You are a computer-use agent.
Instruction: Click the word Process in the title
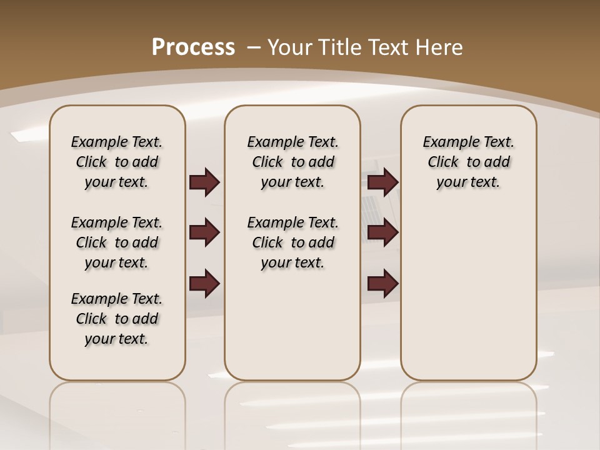[x=193, y=47]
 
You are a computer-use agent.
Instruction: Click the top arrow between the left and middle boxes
[x=204, y=182]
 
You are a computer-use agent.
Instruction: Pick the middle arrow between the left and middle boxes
[x=204, y=233]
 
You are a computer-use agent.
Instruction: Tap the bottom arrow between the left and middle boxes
[x=204, y=284]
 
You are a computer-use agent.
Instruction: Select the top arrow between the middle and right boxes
[x=382, y=182]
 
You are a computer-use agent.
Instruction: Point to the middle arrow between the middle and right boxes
[x=382, y=233]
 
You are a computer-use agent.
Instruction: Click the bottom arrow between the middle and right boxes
[x=382, y=284]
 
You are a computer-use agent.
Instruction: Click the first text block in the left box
[x=117, y=162]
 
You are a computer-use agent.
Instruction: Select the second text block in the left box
[x=117, y=242]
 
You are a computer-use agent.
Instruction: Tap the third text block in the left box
[x=117, y=319]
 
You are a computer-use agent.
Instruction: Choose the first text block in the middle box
[x=292, y=162]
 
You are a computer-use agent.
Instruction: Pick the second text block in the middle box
[x=292, y=242]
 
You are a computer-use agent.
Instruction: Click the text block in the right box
[x=469, y=162]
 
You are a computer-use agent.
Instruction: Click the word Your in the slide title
[x=289, y=47]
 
